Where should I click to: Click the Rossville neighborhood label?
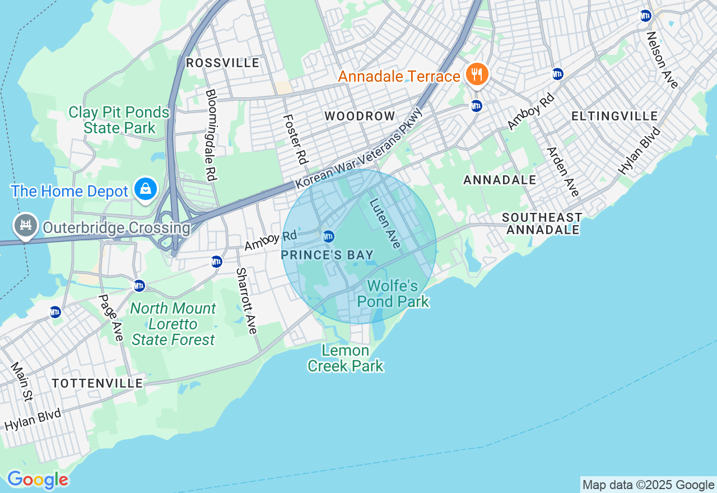[x=223, y=63]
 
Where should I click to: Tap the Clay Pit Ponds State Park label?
[x=119, y=120]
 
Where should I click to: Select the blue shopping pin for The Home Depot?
[x=146, y=189]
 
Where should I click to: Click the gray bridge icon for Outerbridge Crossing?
[x=25, y=226]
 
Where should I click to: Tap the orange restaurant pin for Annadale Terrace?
[x=477, y=74]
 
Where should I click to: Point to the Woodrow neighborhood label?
[x=360, y=116]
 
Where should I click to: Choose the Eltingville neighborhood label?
[x=614, y=116]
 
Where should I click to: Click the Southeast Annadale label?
[x=542, y=224]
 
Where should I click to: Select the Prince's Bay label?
[x=327, y=255]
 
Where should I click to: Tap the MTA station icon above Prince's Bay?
[x=328, y=236]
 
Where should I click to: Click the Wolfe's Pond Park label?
[x=393, y=294]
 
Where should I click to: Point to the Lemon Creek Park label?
[x=346, y=359]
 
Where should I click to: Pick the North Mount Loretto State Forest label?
[x=173, y=324]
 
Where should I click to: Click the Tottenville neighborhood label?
[x=97, y=383]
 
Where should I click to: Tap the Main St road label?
[x=21, y=381]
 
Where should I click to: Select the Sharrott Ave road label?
[x=246, y=301]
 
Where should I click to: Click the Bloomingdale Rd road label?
[x=211, y=134]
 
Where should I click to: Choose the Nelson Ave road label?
[x=662, y=60]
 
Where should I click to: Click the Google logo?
[x=38, y=480]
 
